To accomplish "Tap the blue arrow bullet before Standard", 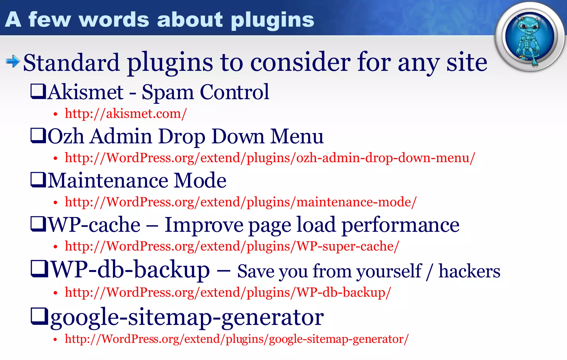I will tap(13, 61).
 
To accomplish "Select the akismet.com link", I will tap(126, 114).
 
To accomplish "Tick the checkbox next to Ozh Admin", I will tap(38, 136).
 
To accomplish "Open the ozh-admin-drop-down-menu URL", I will tap(270, 158).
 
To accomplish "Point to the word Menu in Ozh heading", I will tap(297, 136).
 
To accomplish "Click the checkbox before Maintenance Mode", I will tap(38, 180).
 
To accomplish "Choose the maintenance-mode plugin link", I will tap(240, 202).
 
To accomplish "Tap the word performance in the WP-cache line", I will tap(401, 225).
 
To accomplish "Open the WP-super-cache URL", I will tap(232, 246).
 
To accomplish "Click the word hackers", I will tap(469, 271).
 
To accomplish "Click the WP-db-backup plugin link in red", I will tap(228, 292).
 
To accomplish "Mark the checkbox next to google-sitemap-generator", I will tap(39, 317).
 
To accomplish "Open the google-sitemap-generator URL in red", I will tap(236, 339).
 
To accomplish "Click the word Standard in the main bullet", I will tap(71, 63).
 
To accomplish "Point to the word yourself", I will tap(389, 271).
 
